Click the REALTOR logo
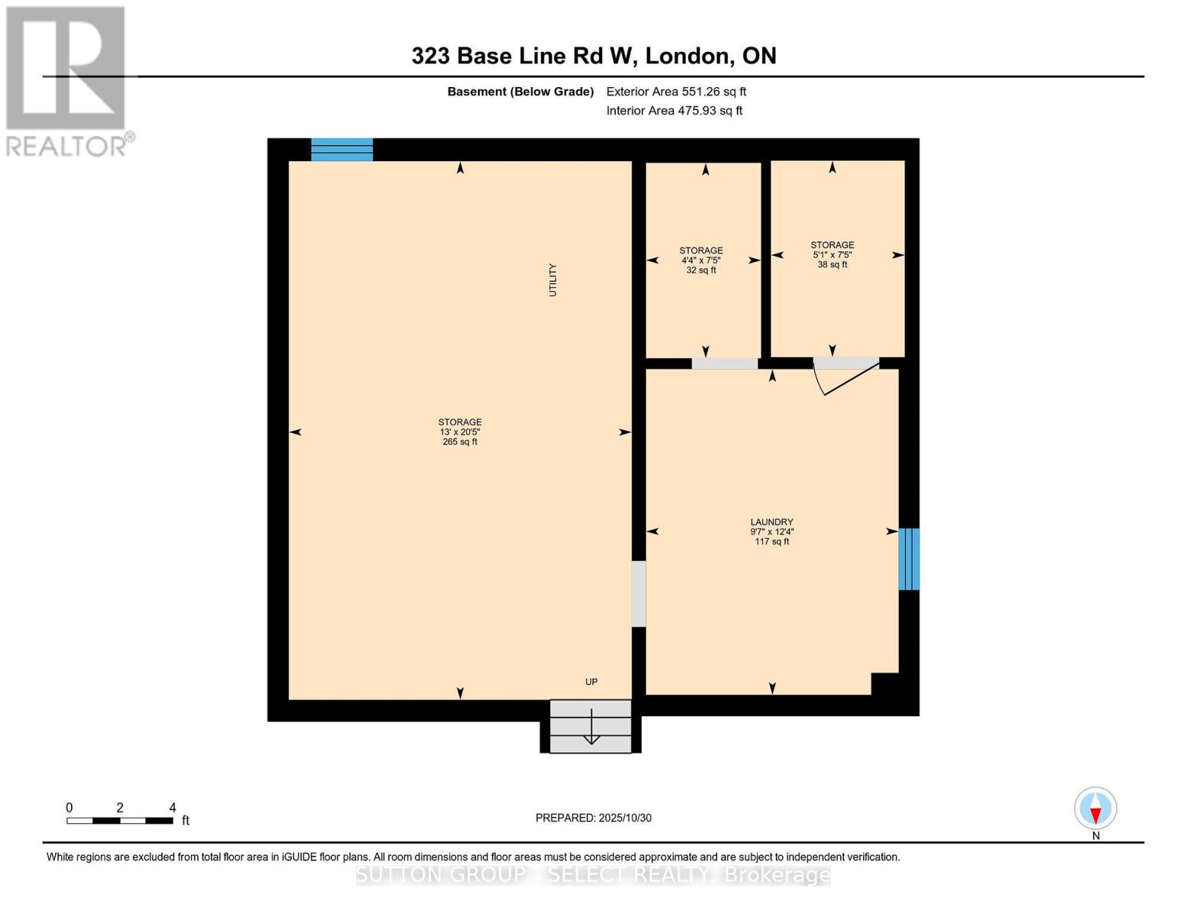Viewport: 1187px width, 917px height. click(x=67, y=81)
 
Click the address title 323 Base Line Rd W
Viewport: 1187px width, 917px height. click(x=593, y=56)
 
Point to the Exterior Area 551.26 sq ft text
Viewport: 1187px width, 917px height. click(x=676, y=92)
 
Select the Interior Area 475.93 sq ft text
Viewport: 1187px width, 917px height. click(x=674, y=111)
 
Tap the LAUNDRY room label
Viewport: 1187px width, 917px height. click(x=771, y=523)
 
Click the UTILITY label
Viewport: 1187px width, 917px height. click(x=553, y=280)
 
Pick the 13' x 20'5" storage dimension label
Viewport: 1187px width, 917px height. click(x=459, y=432)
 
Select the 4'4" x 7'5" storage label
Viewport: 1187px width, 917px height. click(x=701, y=261)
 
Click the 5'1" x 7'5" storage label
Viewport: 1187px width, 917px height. click(x=832, y=255)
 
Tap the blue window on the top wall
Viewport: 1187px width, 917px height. click(x=342, y=150)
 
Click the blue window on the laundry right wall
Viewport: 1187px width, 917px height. click(x=908, y=559)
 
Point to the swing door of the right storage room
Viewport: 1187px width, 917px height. click(x=845, y=376)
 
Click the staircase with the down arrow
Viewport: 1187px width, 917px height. click(x=591, y=726)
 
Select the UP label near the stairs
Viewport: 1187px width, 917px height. click(x=591, y=682)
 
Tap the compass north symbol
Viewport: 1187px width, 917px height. click(x=1095, y=809)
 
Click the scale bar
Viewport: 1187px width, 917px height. click(x=119, y=821)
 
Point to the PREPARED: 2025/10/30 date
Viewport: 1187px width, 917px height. click(x=593, y=818)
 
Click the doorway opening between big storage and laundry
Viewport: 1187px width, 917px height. click(x=638, y=594)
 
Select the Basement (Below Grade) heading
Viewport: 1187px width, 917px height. click(x=520, y=92)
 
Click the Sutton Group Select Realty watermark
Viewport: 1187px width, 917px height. click(x=593, y=874)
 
